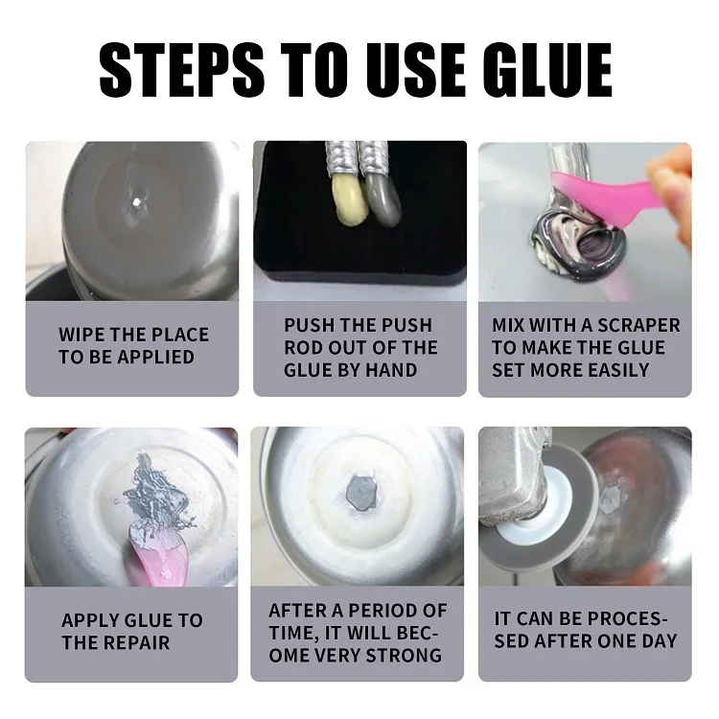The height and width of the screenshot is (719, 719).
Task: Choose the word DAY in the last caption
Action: click(658, 640)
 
